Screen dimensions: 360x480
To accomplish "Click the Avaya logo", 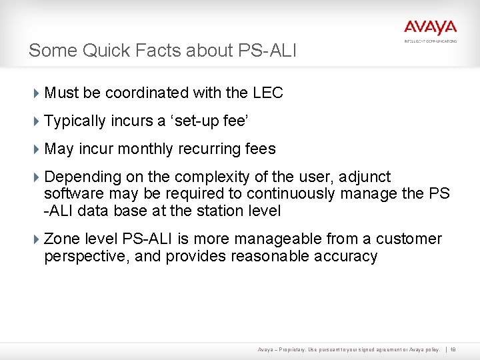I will pos(430,28).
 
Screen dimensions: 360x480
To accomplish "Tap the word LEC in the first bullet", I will pos(268,93).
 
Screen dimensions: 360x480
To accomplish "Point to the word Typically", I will pos(75,121).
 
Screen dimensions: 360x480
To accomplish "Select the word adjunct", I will pos(365,177).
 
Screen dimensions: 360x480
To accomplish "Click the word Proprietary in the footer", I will pos(289,349).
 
